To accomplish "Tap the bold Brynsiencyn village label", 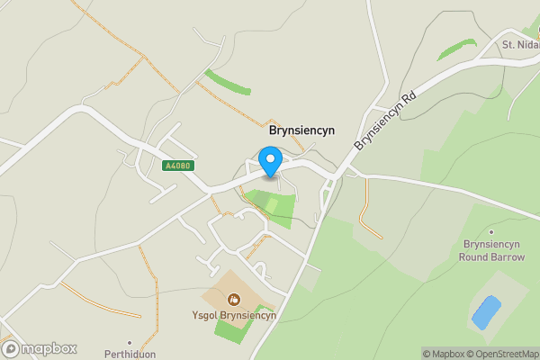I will coord(301,130).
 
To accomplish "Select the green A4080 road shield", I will coord(177,166).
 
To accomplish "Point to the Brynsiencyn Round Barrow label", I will coord(492,250).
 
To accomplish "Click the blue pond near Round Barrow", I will coord(486,311).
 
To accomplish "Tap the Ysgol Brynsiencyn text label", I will coord(233,315).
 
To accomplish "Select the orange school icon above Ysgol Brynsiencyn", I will coord(234,299).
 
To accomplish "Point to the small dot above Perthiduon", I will coord(131,342).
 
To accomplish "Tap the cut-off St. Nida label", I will coord(520,45).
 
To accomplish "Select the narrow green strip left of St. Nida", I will coord(457,50).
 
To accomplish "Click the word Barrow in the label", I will coord(508,256).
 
